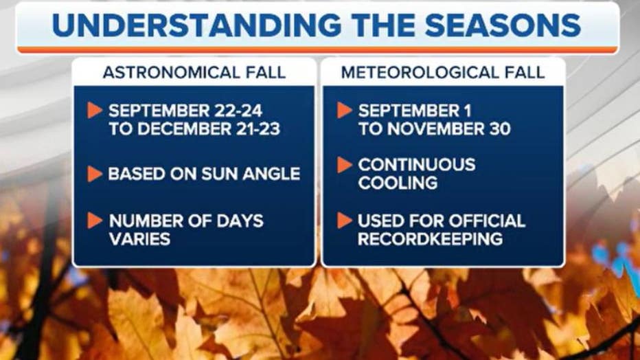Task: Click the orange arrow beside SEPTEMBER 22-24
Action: point(95,110)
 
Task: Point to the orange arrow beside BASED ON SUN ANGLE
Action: point(95,174)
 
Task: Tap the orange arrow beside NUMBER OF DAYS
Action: point(95,221)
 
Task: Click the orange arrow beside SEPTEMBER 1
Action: point(345,110)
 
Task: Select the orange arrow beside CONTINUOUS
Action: point(345,165)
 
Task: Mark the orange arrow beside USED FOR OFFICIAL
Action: point(345,221)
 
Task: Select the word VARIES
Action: point(139,239)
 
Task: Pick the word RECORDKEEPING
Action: point(430,239)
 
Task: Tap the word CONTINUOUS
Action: point(416,165)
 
